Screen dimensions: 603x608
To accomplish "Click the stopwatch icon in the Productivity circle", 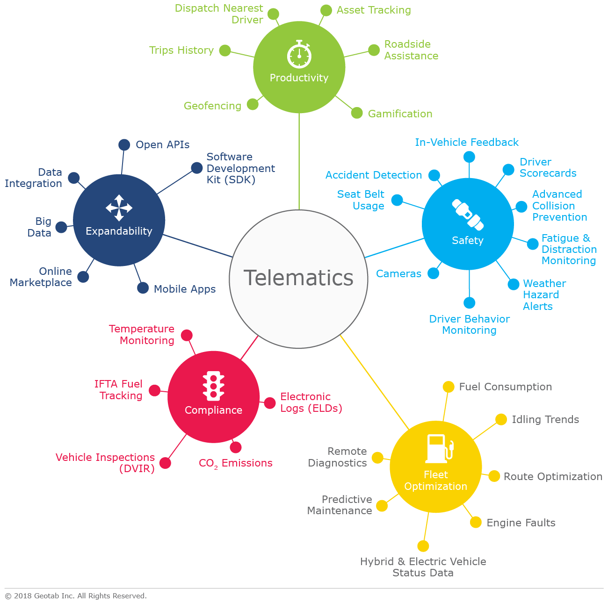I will [299, 55].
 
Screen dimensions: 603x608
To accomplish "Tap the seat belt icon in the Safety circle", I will [467, 215].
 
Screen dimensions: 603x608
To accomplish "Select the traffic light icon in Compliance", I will [213, 386].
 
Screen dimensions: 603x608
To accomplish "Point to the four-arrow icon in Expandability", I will [119, 208].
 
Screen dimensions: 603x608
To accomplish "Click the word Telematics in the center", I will [298, 278].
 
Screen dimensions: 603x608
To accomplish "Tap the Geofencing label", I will [212, 106].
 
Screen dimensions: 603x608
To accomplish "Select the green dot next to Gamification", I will [357, 113].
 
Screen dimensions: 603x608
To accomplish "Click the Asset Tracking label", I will [374, 10].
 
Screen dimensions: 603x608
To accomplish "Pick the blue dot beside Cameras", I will [434, 273].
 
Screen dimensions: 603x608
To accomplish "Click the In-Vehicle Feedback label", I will [467, 142].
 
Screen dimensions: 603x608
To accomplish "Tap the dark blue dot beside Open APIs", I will [124, 145].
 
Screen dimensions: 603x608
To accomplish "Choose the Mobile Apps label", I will [185, 289].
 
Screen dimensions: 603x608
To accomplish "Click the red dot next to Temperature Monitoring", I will [187, 335].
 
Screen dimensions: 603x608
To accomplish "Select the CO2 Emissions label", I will [235, 463].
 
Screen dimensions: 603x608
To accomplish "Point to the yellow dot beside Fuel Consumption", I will [449, 387].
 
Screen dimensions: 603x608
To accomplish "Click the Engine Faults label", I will [521, 523].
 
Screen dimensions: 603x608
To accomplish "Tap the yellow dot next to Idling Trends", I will [501, 419].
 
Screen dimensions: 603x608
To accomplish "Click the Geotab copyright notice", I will [76, 596].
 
